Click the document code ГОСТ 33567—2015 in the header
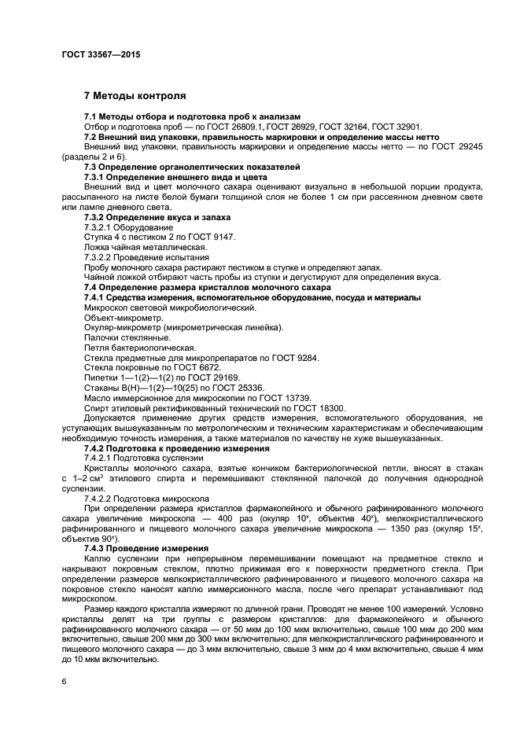101,56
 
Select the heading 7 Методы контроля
135,96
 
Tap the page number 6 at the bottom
64,682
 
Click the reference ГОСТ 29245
455,147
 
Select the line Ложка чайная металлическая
139,247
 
